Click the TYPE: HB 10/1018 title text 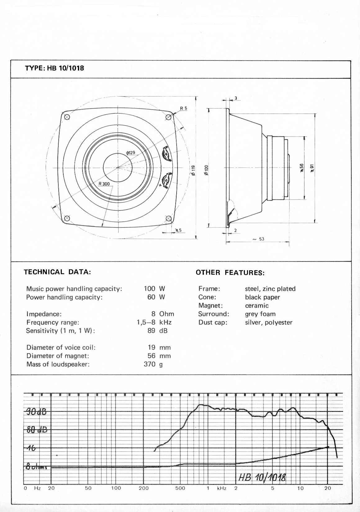54,68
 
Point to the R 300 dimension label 104,184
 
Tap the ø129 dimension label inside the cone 131,153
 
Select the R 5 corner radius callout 184,108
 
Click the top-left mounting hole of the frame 66,117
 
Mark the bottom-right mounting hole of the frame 169,218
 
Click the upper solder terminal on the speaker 166,154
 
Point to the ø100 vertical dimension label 206,169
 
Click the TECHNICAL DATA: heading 57,272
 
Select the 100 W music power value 154,289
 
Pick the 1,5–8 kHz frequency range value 154,322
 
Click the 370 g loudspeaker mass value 153,364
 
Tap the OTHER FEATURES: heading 230,273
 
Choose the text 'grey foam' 260,314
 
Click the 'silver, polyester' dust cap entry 268,322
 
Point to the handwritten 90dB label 36,412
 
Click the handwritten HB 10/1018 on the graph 262,478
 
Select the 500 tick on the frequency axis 180,488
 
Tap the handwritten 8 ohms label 36,466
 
